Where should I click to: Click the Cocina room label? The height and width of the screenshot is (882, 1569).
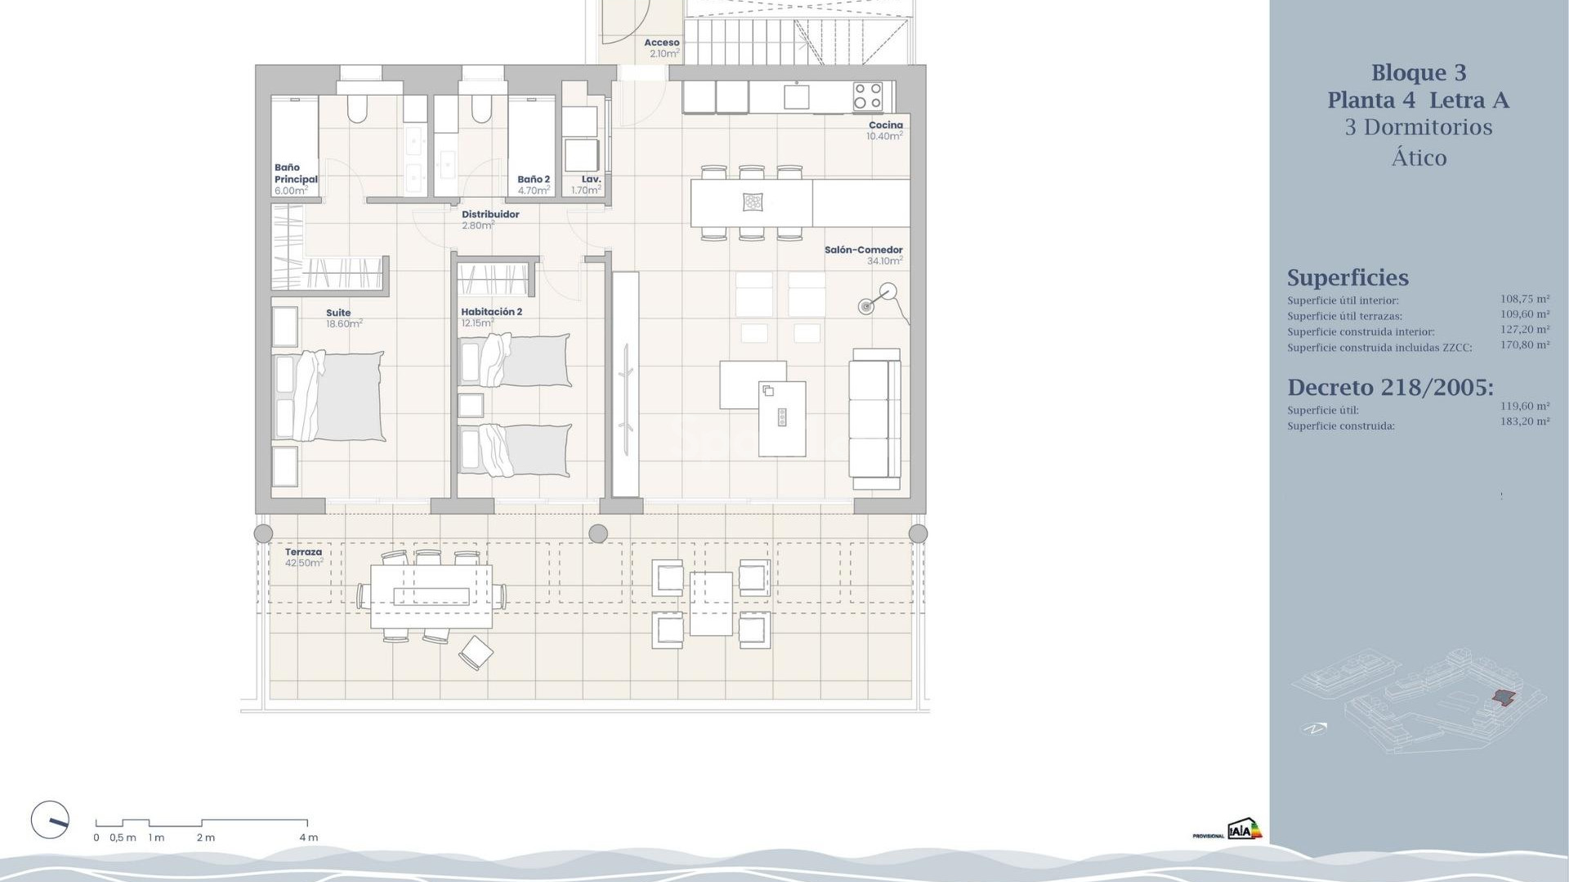[x=885, y=126]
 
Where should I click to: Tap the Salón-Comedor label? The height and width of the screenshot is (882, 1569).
[x=863, y=251]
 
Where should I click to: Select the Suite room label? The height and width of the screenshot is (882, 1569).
[x=338, y=313]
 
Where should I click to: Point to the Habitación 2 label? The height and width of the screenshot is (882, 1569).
[x=491, y=312]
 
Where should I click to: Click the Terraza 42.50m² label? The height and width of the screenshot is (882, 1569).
[x=303, y=557]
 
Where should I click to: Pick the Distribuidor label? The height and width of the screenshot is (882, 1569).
[x=490, y=215]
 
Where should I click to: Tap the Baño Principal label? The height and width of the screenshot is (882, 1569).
[x=295, y=174]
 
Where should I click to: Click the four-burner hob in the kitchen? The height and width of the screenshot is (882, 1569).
[x=868, y=96]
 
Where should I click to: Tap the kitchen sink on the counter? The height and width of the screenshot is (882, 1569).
[x=796, y=96]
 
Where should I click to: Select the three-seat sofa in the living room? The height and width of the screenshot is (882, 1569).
[x=875, y=413]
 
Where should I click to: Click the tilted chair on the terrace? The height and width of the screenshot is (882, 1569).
[x=476, y=652]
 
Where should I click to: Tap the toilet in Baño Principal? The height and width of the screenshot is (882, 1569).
[x=358, y=108]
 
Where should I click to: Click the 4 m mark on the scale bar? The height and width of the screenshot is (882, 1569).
[x=308, y=837]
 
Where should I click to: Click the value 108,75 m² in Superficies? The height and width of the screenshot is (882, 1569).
[x=1524, y=300]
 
